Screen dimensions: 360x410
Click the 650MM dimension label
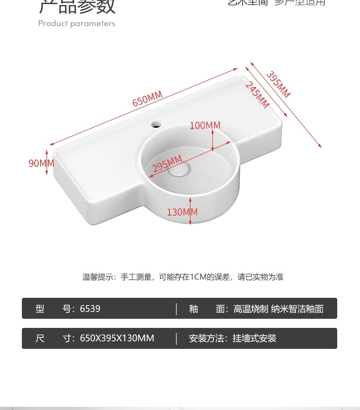click(147, 99)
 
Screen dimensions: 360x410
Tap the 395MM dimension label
click(278, 84)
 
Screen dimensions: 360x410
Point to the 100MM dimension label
click(205, 125)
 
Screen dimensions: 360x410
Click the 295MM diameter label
click(167, 163)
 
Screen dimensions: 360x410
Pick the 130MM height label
click(182, 212)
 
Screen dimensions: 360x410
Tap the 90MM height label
click(38, 163)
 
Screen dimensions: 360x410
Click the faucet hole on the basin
click(156, 123)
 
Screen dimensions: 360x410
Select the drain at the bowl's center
click(179, 170)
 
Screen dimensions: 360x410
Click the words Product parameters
click(77, 24)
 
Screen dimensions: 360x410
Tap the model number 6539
click(90, 309)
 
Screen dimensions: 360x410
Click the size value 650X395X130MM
click(117, 338)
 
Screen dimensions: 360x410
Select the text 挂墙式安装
click(255, 338)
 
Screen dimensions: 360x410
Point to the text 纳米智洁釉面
click(297, 309)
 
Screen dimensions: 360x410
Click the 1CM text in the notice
click(199, 277)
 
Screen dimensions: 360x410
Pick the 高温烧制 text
click(251, 309)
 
